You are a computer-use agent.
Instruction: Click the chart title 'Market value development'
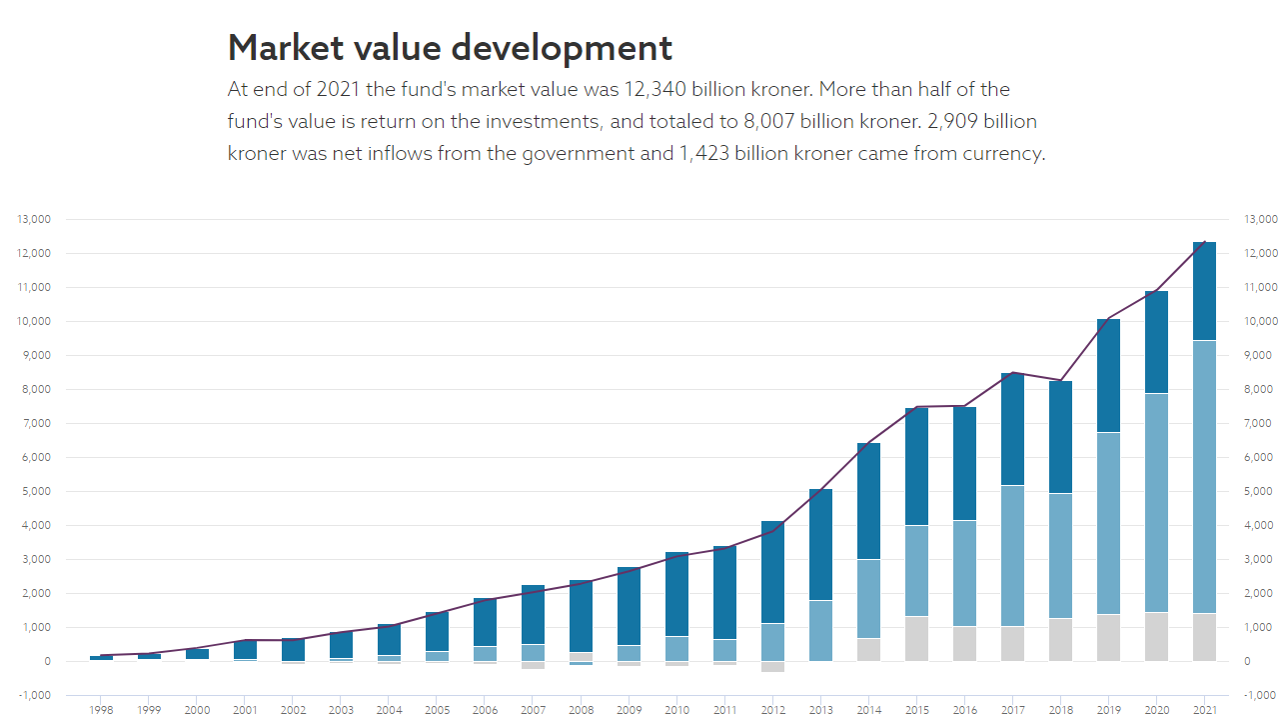(x=450, y=48)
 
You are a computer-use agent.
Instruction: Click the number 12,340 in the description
(x=657, y=90)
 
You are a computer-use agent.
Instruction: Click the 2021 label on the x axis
(x=1204, y=710)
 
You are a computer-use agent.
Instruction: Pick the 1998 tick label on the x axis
(x=101, y=710)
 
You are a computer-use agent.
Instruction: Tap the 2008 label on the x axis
(x=581, y=710)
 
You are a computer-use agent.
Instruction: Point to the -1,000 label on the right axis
(x=1259, y=695)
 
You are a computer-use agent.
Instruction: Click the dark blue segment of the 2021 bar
(x=1204, y=291)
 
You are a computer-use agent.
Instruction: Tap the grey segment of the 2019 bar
(x=1108, y=637)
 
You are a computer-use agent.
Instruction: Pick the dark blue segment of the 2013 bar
(x=820, y=544)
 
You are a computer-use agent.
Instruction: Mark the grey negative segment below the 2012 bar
(x=772, y=666)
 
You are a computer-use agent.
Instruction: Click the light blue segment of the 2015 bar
(x=916, y=570)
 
